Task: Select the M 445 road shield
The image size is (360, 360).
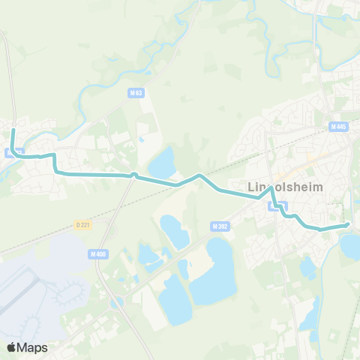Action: click(338, 127)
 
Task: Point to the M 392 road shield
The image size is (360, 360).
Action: click(220, 226)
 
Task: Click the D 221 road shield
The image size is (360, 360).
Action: click(83, 224)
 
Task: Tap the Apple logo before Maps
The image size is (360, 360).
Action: click(12, 347)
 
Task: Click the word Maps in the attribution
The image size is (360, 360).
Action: click(32, 347)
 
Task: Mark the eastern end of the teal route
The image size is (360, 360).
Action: click(348, 224)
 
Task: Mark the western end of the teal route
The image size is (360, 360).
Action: click(13, 130)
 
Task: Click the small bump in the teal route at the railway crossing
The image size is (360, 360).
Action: click(133, 175)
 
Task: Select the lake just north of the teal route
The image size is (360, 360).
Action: click(162, 161)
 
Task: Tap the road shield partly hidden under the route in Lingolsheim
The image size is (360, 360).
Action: click(282, 205)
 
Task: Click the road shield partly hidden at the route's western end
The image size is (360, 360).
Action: click(9, 152)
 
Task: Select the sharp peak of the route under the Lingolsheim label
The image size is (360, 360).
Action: click(271, 188)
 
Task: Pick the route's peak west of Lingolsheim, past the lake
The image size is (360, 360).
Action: click(199, 175)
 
